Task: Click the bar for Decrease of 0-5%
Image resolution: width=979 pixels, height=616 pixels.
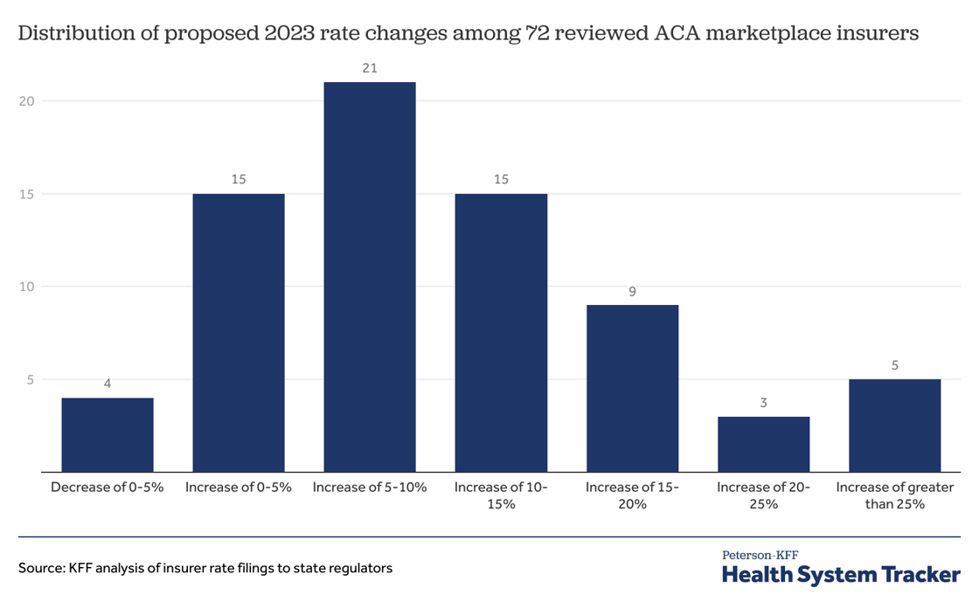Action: [108, 435]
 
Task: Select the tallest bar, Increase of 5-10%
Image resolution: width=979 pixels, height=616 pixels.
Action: [370, 277]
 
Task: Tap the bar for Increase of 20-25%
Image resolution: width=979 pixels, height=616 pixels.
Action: [763, 444]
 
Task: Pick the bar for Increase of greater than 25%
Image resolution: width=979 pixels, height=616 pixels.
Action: [894, 426]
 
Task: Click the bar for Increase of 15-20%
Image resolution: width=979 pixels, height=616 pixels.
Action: [632, 388]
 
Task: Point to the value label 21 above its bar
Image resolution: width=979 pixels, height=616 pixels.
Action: [370, 67]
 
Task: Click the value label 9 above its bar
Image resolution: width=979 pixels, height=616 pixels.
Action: [632, 290]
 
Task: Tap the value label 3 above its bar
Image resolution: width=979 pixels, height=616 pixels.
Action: [763, 402]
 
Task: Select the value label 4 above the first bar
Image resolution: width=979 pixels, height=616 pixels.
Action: [108, 384]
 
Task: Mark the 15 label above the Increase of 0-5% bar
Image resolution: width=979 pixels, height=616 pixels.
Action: [239, 179]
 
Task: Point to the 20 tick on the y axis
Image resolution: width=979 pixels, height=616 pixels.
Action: [26, 100]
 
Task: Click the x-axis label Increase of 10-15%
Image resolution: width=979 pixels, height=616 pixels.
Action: [501, 495]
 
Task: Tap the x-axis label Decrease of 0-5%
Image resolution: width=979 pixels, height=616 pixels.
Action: [108, 488]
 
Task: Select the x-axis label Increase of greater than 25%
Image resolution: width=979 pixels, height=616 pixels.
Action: [894, 495]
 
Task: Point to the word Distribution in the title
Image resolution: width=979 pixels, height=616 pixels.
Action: [73, 34]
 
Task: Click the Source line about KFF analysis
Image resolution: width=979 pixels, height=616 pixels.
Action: [205, 568]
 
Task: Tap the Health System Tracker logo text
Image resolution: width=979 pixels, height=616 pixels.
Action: [841, 574]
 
